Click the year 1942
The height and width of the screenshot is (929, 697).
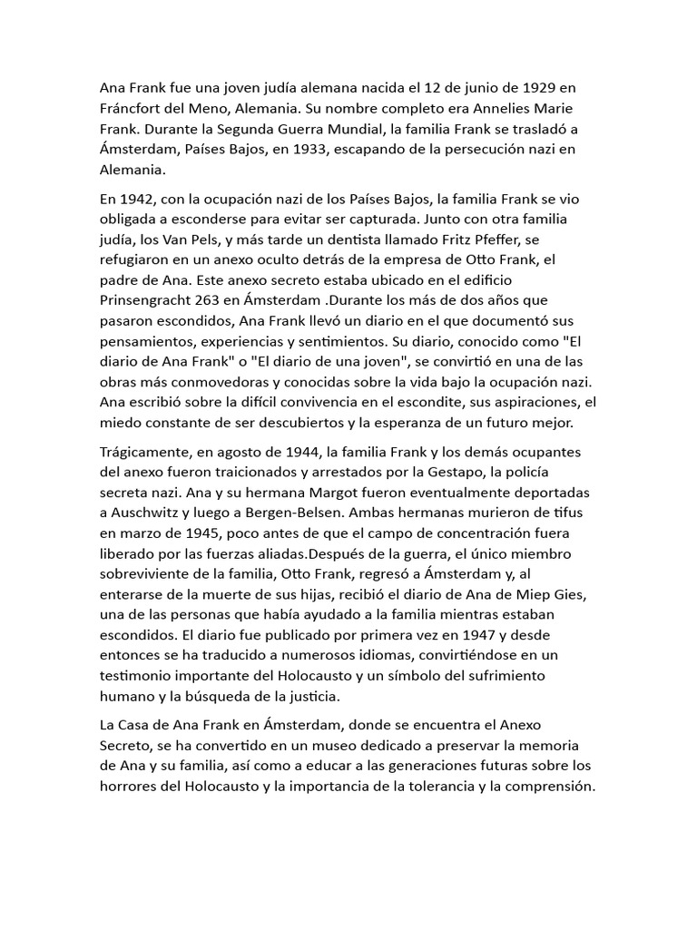(135, 200)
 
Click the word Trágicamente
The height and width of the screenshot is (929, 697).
(146, 452)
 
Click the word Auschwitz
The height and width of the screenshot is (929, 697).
(151, 512)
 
